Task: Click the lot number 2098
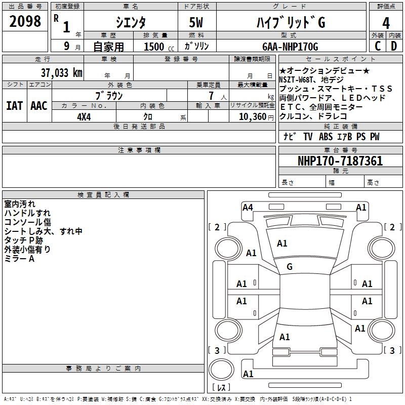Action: pos(25,21)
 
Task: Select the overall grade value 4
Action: pos(386,23)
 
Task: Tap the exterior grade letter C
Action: pos(377,46)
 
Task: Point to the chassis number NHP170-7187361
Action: pos(340,161)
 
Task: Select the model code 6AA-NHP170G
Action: pos(290,47)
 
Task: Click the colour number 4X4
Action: pos(84,116)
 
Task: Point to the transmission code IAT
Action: pos(14,106)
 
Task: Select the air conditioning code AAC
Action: pos(39,106)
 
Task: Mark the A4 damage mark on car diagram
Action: pos(248,207)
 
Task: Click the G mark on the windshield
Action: pos(290,266)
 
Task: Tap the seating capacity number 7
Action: pos(210,96)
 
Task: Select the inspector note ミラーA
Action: pos(19,259)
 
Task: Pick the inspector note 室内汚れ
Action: pos(20,204)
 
